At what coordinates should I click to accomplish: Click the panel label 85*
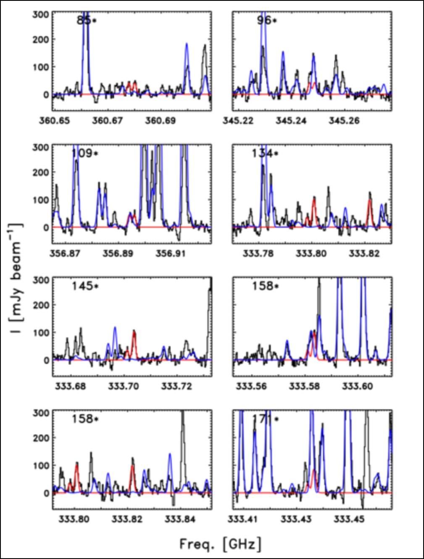click(x=87, y=21)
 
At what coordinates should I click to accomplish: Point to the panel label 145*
click(x=84, y=286)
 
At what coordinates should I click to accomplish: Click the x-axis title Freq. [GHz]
click(x=220, y=544)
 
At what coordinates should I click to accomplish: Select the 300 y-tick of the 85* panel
click(x=41, y=14)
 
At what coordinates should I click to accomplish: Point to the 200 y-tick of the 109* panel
click(x=41, y=172)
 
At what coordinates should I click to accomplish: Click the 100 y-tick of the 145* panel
click(x=41, y=332)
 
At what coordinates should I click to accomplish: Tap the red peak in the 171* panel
click(x=313, y=472)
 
